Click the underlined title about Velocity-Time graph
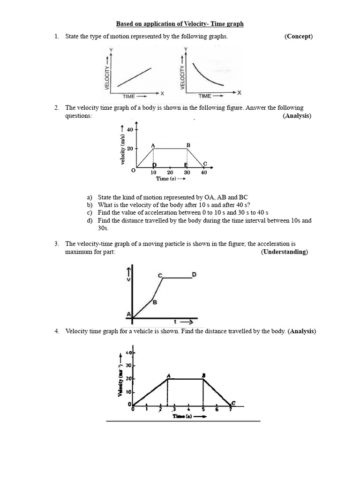pos(180,24)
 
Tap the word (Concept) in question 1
pos(298,37)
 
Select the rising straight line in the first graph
pos(134,77)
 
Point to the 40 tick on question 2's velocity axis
pos(130,129)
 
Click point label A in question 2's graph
pos(153,145)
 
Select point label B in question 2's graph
pos(188,145)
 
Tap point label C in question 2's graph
pos(205,163)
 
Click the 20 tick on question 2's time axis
pos(170,172)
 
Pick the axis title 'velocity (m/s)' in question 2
pos(122,150)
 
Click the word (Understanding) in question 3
pos(284,252)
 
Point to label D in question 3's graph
pos(194,273)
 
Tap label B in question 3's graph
pos(155,302)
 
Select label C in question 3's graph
pos(160,275)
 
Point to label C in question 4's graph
pos(233,403)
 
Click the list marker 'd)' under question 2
pos(90,220)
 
